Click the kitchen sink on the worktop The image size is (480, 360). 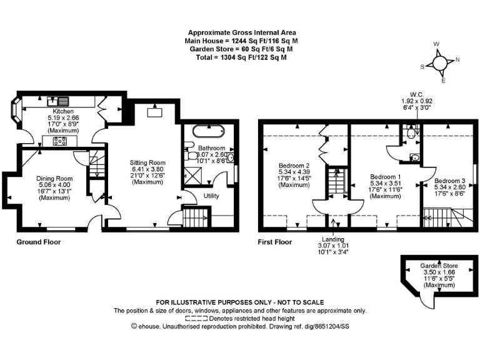[x=60, y=100]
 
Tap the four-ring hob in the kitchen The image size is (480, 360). [x=61, y=141]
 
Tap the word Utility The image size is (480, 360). [x=212, y=196]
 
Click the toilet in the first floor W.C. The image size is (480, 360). [x=410, y=132]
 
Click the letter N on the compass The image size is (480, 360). [x=457, y=60]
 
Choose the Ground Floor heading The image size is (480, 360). [x=39, y=241]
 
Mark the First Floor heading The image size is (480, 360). [x=274, y=241]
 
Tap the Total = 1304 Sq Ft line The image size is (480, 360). [x=241, y=57]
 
